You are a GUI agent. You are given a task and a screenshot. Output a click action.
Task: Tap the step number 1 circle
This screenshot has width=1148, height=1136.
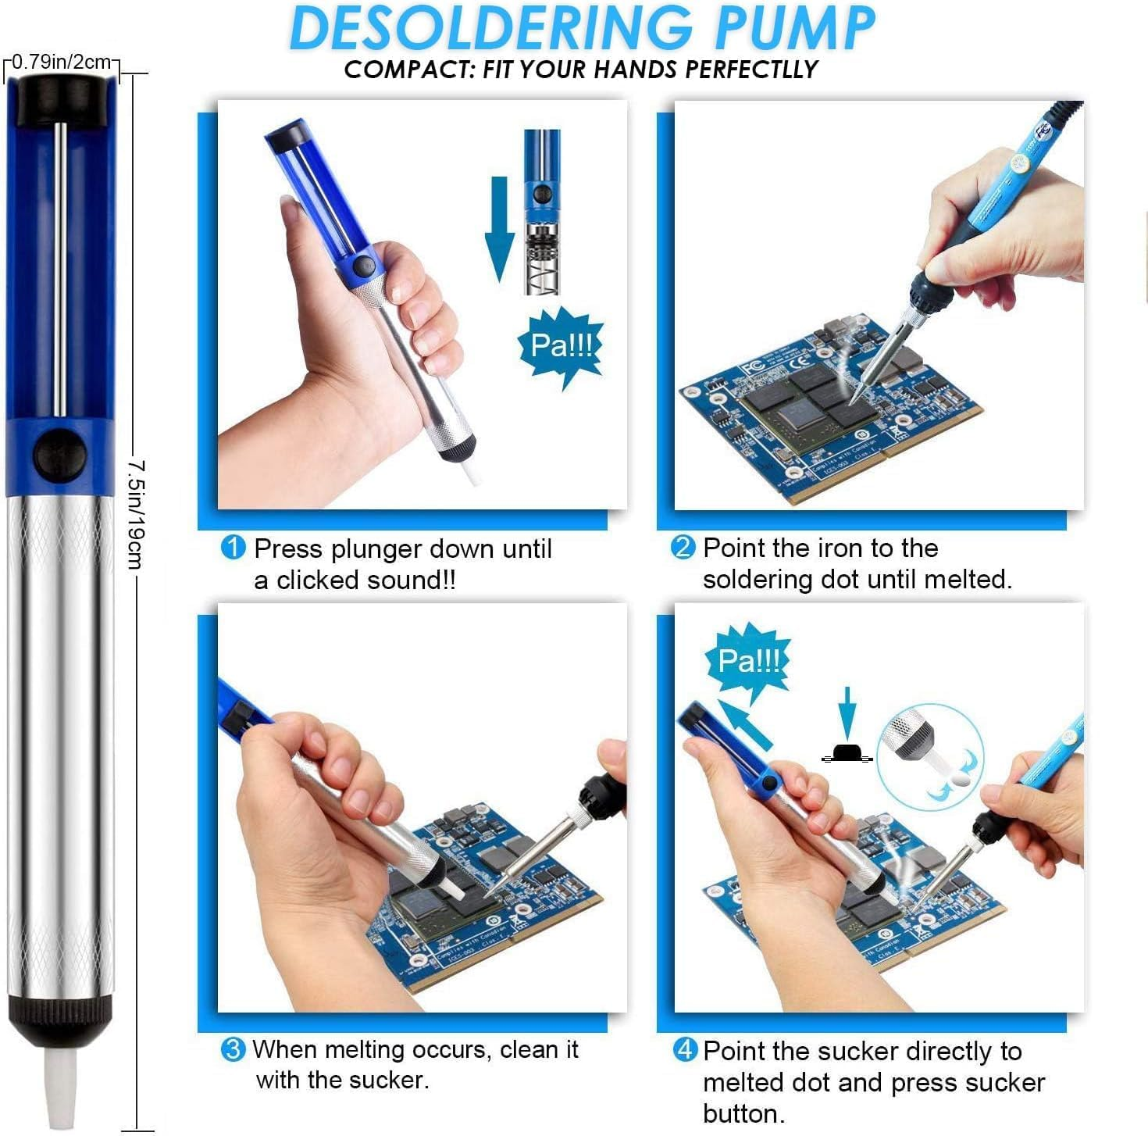point(234,548)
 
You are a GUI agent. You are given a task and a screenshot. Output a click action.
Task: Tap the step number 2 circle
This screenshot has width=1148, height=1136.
point(683,547)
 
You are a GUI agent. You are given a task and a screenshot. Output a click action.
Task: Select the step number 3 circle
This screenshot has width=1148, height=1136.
point(233,1048)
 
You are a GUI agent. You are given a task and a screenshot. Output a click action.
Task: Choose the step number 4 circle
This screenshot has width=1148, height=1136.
point(684,1049)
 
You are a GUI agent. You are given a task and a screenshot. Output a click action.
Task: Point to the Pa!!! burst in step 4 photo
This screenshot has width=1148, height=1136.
point(748,662)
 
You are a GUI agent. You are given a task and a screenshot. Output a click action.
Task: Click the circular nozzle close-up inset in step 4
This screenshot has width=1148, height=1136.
point(929,754)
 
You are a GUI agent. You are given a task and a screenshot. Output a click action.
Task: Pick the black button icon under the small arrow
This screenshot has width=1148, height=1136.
point(847,753)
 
